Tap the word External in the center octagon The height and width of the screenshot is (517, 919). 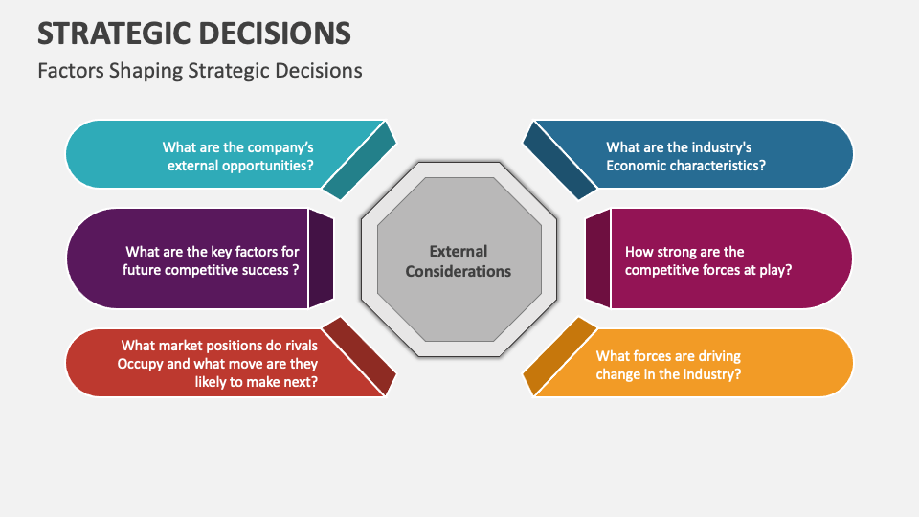(458, 251)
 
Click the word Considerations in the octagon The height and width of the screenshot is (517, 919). (458, 271)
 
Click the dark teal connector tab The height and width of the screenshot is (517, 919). (359, 159)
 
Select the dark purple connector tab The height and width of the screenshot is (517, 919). (321, 258)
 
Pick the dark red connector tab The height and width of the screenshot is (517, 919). (359, 357)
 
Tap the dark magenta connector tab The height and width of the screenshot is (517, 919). (597, 258)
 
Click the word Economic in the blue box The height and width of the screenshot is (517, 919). (637, 165)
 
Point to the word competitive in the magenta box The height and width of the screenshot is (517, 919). (663, 269)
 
